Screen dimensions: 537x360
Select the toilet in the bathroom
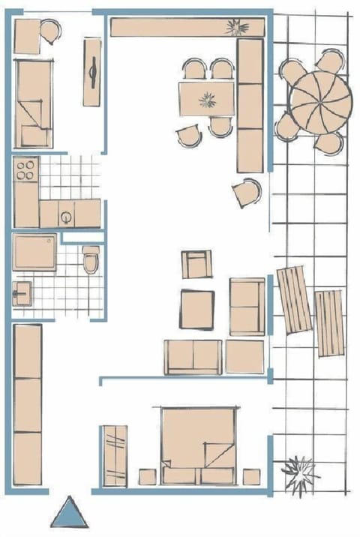[91, 259]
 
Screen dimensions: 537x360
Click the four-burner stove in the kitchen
[26, 169]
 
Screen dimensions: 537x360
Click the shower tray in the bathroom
[34, 251]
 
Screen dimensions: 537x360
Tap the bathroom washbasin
[22, 292]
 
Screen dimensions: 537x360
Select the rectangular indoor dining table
[206, 99]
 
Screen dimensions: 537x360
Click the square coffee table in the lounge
[197, 308]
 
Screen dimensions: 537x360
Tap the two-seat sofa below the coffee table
[193, 356]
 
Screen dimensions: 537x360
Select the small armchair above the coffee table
[196, 265]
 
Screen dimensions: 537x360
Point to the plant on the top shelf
[239, 28]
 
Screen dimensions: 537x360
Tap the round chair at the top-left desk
[50, 31]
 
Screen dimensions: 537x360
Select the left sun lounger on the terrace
[293, 299]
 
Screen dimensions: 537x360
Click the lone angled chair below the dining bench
[247, 192]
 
